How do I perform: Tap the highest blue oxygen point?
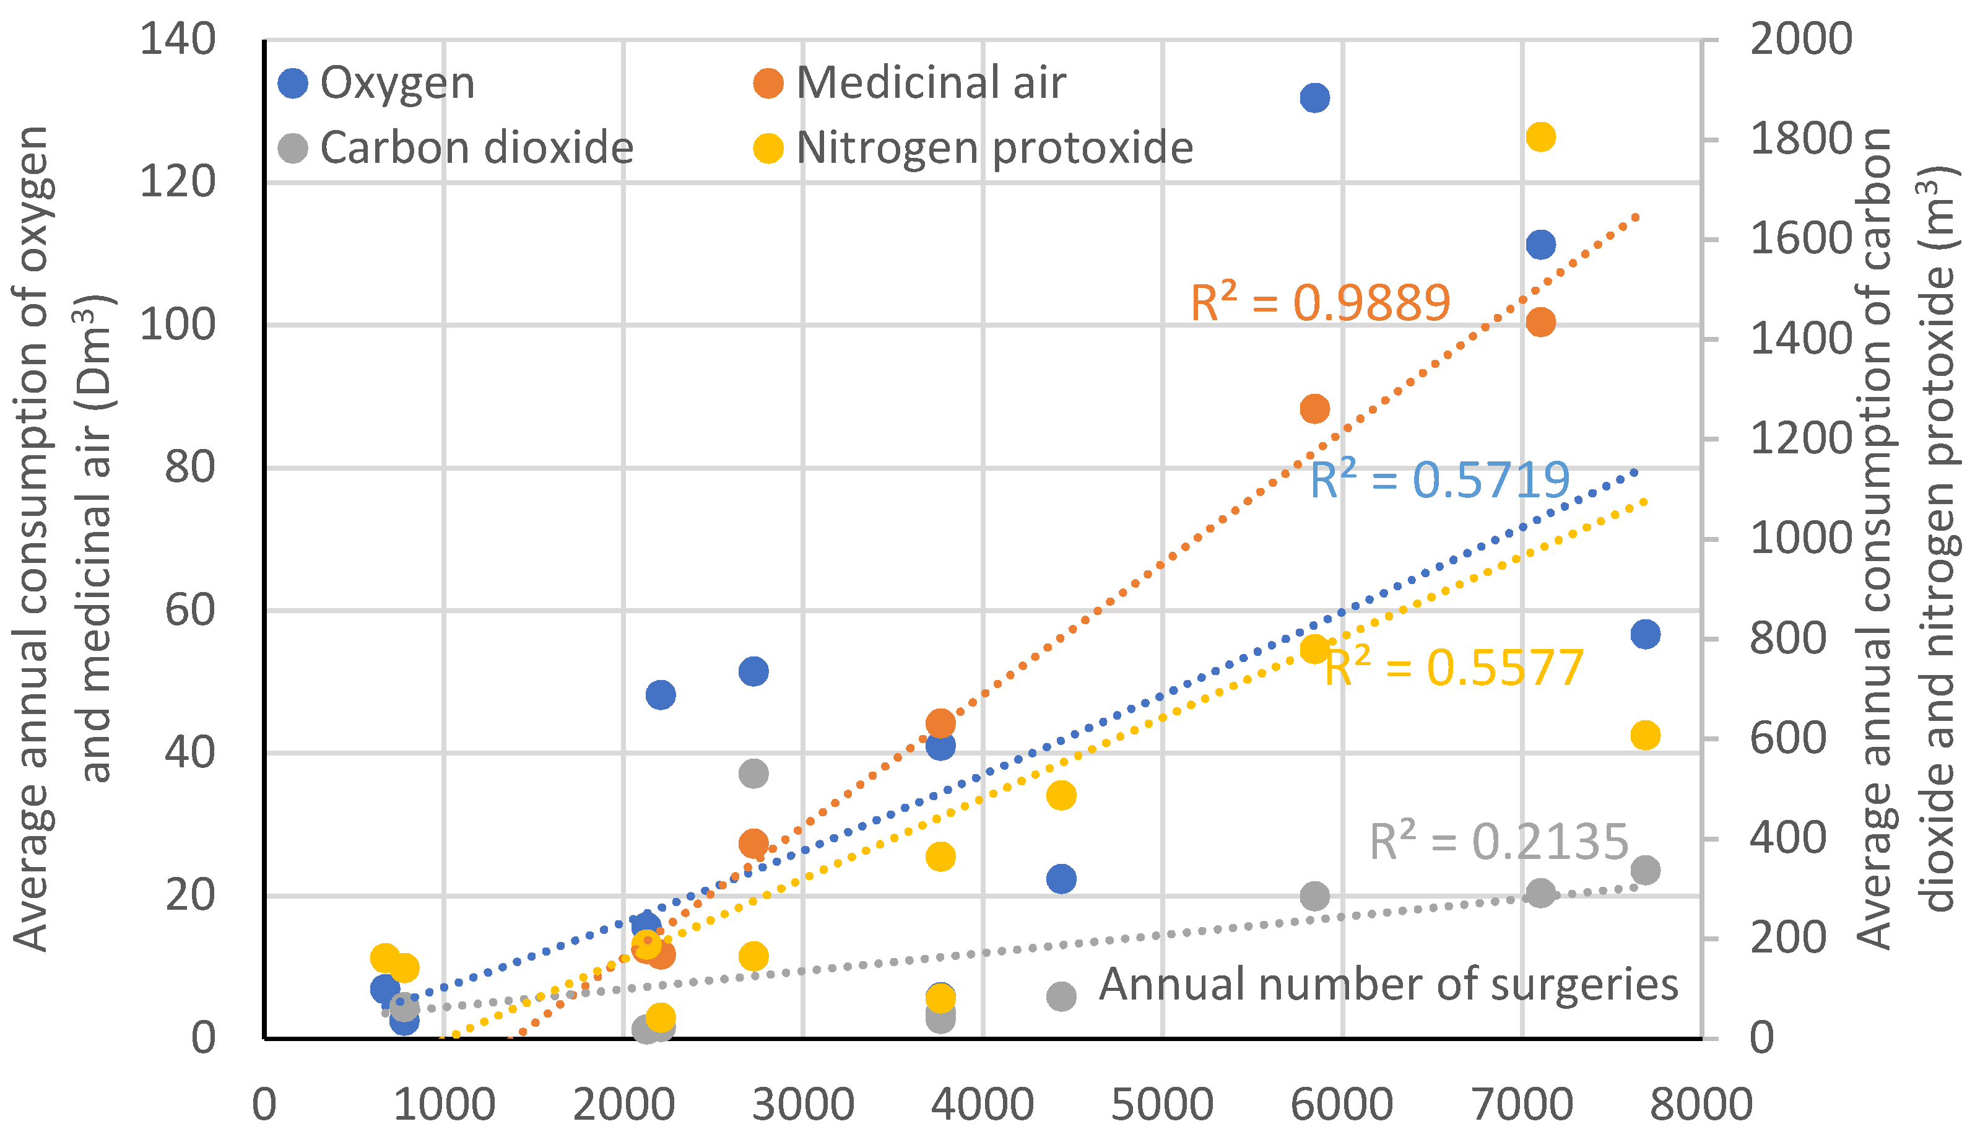(1314, 98)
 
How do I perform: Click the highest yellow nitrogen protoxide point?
(1540, 137)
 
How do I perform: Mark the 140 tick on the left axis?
(177, 39)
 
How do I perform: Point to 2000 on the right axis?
(1800, 39)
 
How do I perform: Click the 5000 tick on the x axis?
(1162, 1105)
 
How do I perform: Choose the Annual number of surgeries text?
(1388, 985)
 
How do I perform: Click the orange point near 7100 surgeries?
(1540, 322)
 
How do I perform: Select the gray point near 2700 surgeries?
(753, 774)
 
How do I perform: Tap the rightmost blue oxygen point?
(1645, 634)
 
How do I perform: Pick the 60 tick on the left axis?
(189, 610)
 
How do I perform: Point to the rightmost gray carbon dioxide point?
(1645, 870)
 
